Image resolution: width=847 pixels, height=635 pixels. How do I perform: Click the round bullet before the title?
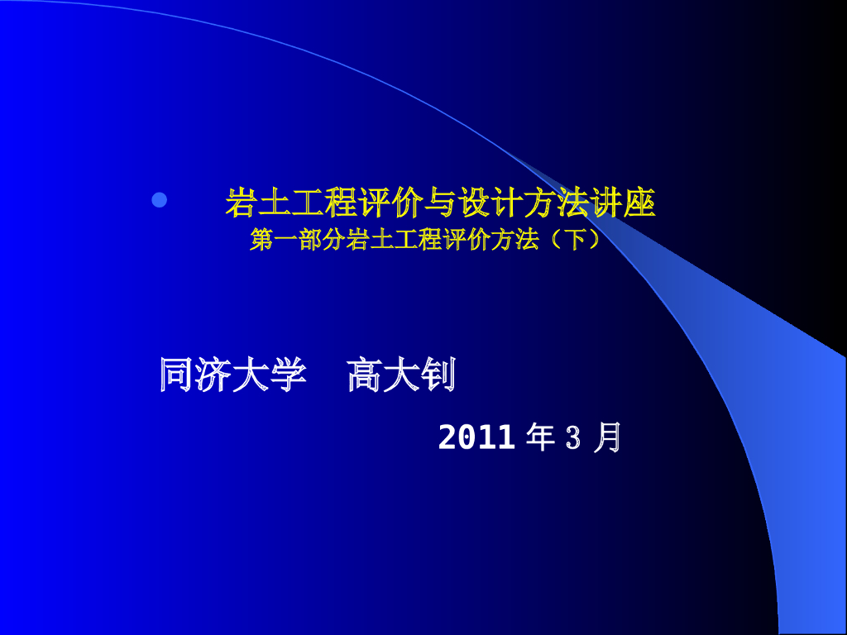pos(160,200)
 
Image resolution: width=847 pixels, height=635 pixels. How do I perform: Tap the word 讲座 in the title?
pos(623,203)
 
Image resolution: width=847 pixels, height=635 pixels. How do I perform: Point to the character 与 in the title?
pos(441,203)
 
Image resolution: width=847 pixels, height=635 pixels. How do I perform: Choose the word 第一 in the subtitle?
pos(274,240)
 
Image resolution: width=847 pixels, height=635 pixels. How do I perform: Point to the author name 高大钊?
pos(401,375)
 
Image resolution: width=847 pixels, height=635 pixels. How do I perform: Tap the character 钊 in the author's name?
pos(438,375)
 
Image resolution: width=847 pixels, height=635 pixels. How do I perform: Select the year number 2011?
pos(476,437)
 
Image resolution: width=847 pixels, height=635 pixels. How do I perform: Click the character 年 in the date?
pos(540,437)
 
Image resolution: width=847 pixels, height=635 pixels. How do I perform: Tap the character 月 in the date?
pos(608,437)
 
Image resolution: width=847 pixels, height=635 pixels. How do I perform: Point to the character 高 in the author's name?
pos(365,375)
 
